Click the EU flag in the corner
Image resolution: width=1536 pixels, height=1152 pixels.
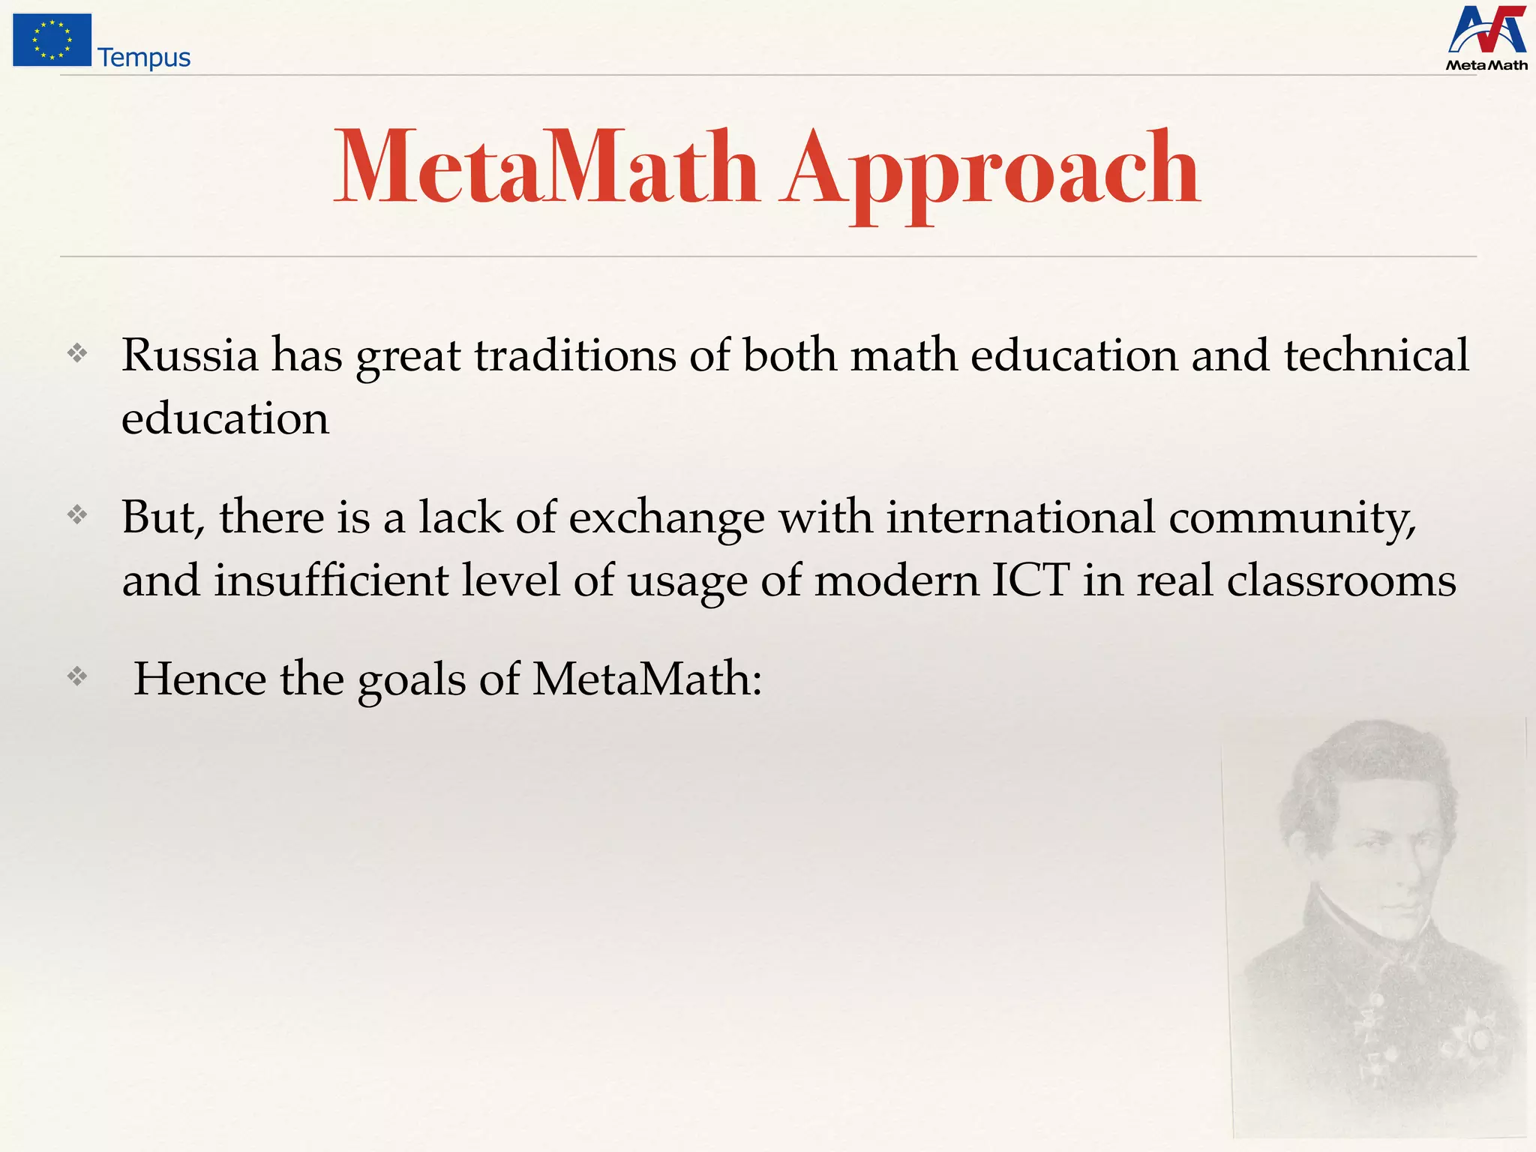tap(52, 40)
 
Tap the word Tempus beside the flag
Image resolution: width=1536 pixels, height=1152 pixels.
tap(144, 58)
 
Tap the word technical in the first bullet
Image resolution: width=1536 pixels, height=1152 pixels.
tap(1376, 355)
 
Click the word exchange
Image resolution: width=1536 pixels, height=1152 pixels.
tap(667, 518)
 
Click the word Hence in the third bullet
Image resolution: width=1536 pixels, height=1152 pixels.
tap(199, 679)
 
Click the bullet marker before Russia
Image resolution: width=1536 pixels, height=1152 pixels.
tap(77, 353)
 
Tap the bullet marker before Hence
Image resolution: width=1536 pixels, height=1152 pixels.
tap(77, 677)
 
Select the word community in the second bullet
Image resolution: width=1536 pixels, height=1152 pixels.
tap(1291, 518)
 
